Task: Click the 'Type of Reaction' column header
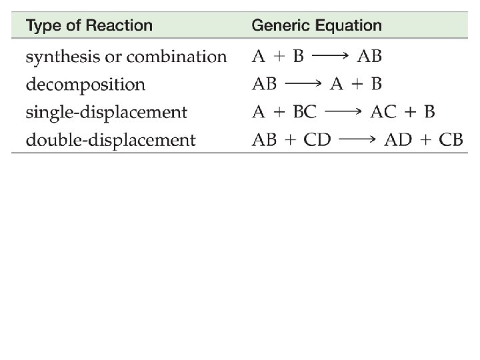[x=89, y=27]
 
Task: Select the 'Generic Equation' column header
[x=317, y=27]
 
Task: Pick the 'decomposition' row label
[x=85, y=85]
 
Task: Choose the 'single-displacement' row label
[x=106, y=113]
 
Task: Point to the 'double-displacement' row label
[x=111, y=141]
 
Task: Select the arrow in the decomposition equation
[x=305, y=85]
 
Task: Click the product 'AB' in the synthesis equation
[x=370, y=57]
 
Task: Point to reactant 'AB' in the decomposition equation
[x=265, y=85]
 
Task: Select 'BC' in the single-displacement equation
[x=305, y=113]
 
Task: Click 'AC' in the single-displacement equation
[x=384, y=113]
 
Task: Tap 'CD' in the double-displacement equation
[x=317, y=141]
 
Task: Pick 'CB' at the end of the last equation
[x=450, y=141]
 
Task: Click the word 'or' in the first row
[x=111, y=57]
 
